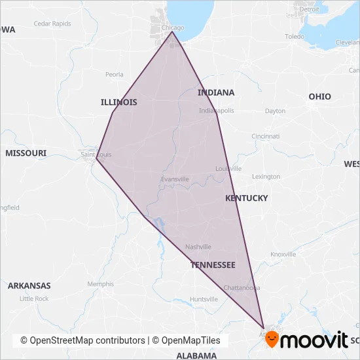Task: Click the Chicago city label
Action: pos(173,28)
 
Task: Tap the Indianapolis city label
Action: pos(217,111)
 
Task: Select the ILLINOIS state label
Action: pos(119,102)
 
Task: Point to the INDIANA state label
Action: pos(216,93)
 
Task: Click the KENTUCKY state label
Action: pos(247,198)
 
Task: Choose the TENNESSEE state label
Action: pos(213,264)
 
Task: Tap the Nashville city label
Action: pos(198,247)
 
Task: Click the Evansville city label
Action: pos(175,179)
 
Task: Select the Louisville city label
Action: pos(228,168)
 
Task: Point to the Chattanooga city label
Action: pos(242,288)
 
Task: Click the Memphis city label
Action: pos(100,284)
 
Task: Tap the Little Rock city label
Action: pos(34,298)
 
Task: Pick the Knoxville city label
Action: pos(283,254)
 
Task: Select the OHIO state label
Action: pos(320,96)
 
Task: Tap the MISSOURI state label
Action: pos(26,153)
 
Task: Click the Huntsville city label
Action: pos(204,299)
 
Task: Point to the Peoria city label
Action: pos(115,75)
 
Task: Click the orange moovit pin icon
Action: pos(271,340)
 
